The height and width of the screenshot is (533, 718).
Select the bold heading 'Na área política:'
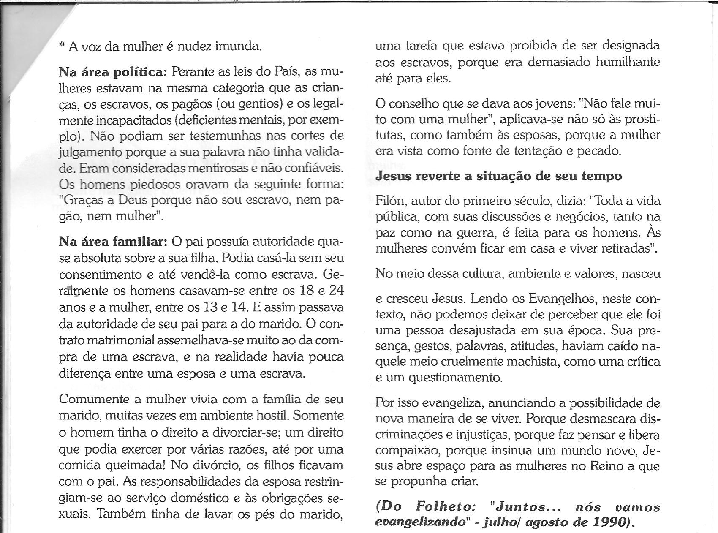113,72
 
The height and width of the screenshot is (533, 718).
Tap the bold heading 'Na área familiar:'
114,242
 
